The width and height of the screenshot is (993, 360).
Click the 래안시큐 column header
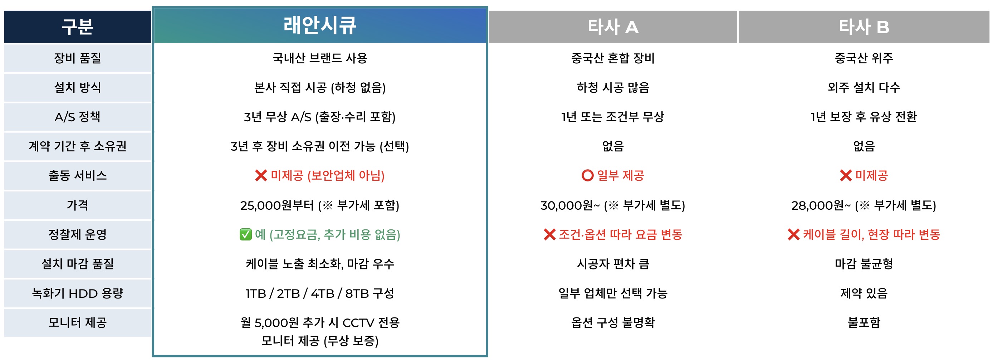[320, 25]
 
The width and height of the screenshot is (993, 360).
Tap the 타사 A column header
[613, 27]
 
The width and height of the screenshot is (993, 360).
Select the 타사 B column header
[864, 27]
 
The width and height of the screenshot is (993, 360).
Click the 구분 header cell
[78, 27]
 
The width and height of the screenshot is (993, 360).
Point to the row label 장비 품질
[78, 58]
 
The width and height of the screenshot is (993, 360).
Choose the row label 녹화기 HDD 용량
[78, 293]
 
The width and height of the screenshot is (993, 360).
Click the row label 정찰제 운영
[78, 234]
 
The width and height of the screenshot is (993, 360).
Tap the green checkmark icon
[245, 234]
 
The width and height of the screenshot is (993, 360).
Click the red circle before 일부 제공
[587, 176]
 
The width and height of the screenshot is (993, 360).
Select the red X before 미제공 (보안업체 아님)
[261, 176]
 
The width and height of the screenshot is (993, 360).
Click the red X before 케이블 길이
[793, 234]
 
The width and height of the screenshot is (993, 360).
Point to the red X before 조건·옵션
[549, 234]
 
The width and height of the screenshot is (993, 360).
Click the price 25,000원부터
[277, 205]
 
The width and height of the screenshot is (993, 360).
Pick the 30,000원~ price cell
[613, 205]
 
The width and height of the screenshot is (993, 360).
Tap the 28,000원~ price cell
[864, 205]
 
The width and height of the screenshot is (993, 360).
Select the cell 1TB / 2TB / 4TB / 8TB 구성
[320, 293]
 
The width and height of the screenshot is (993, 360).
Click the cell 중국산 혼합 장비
[613, 58]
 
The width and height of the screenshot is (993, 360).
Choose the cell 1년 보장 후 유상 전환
[864, 117]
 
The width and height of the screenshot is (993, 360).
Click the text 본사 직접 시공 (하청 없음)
[320, 87]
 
